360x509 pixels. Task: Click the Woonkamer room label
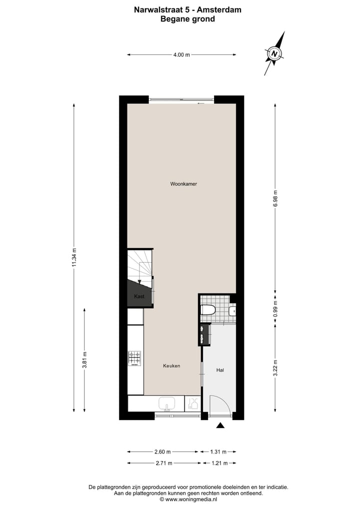click(x=183, y=184)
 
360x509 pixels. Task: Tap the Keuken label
click(x=171, y=366)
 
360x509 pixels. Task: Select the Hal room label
click(x=219, y=370)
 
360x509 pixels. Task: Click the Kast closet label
click(x=139, y=296)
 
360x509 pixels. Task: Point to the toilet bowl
click(x=207, y=310)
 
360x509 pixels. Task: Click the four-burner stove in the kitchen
click(x=134, y=358)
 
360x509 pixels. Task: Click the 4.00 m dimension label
click(x=181, y=55)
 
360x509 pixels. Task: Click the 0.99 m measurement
click(x=275, y=307)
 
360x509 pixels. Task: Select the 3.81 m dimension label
click(x=84, y=360)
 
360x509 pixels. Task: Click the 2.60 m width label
click(x=163, y=451)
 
